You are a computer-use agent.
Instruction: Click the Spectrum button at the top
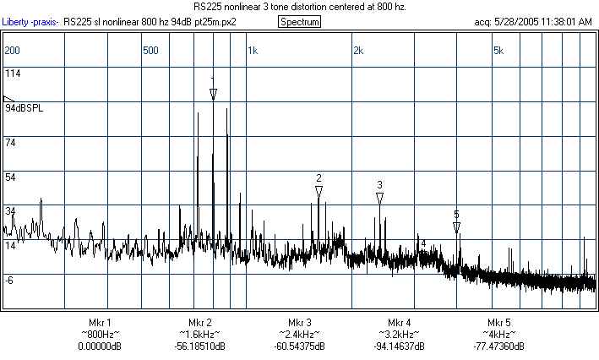pos(299,21)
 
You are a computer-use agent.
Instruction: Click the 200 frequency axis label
pos(12,51)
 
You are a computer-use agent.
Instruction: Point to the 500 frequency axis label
pos(150,51)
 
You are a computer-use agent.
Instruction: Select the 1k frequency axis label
pos(252,51)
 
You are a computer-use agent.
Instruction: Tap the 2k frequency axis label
pos(357,51)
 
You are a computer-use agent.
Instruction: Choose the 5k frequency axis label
pos(498,51)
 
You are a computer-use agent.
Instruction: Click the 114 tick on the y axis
pos(13,74)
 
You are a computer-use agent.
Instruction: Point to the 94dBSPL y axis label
pos(23,109)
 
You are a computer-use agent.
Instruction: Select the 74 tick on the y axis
pos(10,144)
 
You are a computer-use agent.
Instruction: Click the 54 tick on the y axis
pos(10,177)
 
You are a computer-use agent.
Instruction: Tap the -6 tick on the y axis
pos(9,280)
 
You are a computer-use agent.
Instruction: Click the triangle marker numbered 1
pos(213,95)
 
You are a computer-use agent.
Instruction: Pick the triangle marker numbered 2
pos(319,192)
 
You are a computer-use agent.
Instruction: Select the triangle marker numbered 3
pos(379,198)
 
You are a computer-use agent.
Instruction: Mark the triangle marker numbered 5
pos(456,227)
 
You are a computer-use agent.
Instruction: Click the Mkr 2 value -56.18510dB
pos(199,346)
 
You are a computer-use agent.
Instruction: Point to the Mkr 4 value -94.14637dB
pos(400,346)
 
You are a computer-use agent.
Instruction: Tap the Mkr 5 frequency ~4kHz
pos(498,335)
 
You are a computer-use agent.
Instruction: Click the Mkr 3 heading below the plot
pos(300,323)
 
